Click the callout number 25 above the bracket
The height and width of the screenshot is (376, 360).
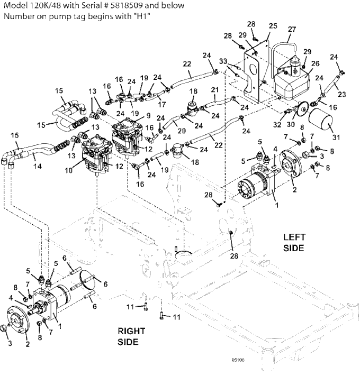pyautogui.click(x=273, y=26)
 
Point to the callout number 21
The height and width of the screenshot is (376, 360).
pyautogui.click(x=214, y=90)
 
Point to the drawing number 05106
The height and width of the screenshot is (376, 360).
pyautogui.click(x=238, y=360)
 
